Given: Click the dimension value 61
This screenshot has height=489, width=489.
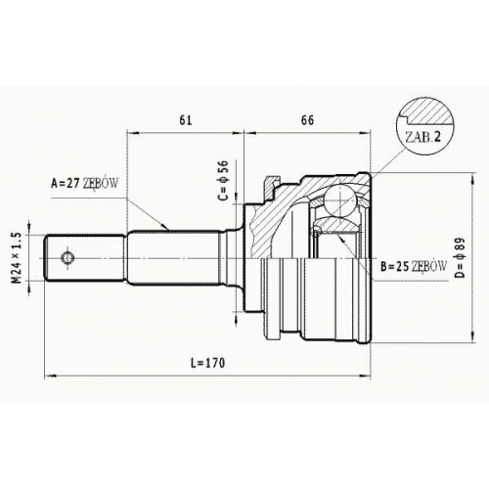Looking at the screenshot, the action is click(186, 120).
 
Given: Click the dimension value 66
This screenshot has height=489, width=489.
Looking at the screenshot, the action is click(307, 120).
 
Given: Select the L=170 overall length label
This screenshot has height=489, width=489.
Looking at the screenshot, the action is click(208, 363).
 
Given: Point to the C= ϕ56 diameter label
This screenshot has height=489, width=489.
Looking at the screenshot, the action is click(224, 180).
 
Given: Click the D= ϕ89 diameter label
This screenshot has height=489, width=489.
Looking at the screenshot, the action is click(460, 257).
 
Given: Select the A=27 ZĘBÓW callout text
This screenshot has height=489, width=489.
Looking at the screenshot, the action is click(84, 184).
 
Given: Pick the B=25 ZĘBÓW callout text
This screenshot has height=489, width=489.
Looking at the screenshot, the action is click(414, 267).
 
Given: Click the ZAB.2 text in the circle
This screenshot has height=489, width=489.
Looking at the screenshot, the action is click(422, 137).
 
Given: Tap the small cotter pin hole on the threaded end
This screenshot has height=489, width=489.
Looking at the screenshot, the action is click(67, 258).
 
